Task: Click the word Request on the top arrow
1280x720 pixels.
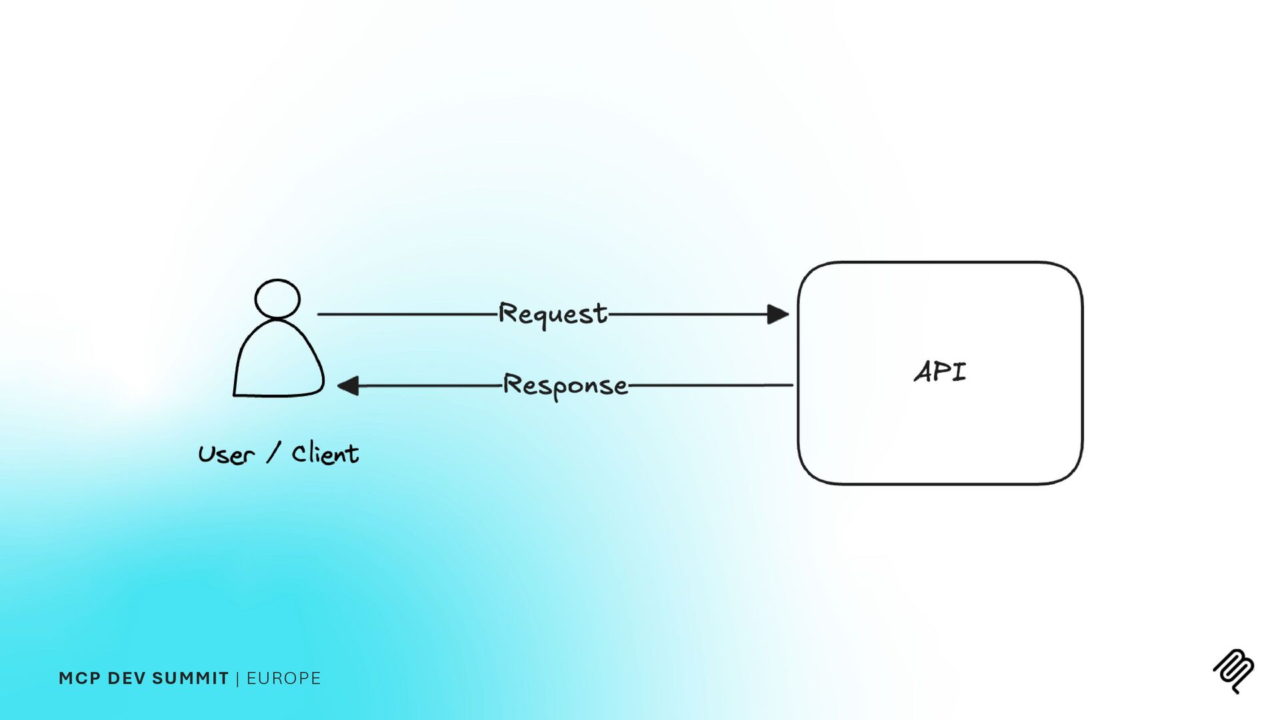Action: [x=553, y=313]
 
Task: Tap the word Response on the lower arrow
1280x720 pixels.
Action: [x=565, y=385]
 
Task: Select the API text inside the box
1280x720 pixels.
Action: [x=940, y=372]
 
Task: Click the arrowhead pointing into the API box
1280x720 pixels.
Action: [x=777, y=314]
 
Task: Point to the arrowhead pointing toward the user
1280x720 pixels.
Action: [x=349, y=385]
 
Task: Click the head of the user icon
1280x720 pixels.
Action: [x=277, y=299]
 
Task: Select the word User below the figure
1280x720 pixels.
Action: [x=227, y=455]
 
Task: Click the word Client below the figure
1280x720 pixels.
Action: [x=325, y=454]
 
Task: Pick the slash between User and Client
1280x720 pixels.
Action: [x=273, y=453]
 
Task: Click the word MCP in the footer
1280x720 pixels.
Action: [x=79, y=679]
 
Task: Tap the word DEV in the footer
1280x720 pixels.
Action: [x=127, y=679]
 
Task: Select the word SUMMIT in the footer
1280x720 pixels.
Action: [x=190, y=679]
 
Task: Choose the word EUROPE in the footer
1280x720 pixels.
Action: [x=283, y=679]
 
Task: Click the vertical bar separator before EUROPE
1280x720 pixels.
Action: [x=237, y=679]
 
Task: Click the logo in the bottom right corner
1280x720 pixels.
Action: [x=1233, y=671]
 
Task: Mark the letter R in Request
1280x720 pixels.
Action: [x=509, y=313]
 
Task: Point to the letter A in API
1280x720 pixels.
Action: [x=925, y=372]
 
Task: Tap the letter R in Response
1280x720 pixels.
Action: [x=513, y=384]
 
